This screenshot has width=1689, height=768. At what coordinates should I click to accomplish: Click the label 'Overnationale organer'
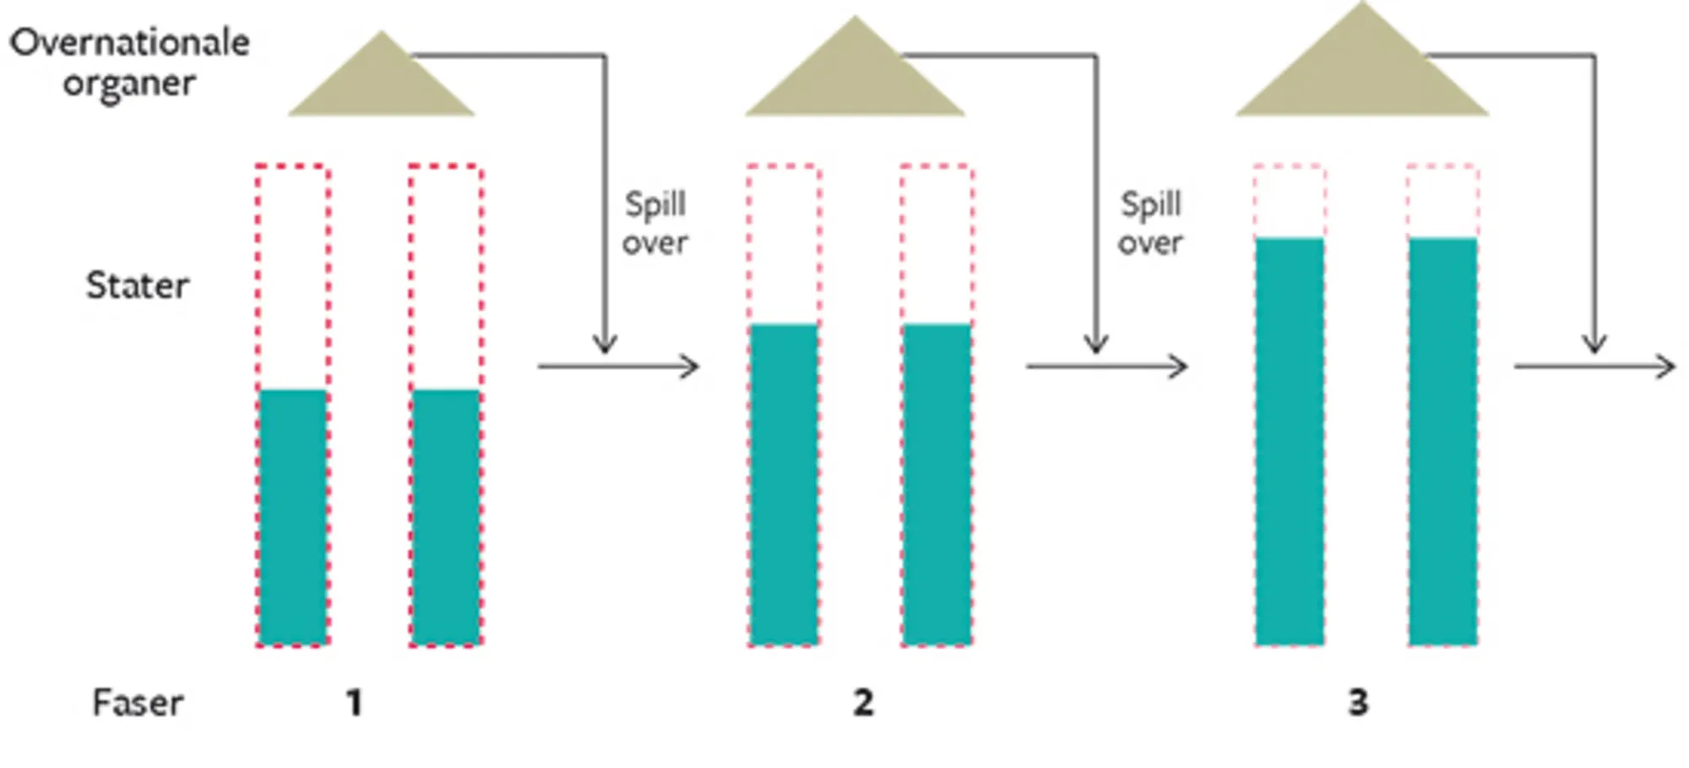click(x=129, y=63)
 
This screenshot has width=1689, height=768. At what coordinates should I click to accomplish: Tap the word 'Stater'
click(x=137, y=286)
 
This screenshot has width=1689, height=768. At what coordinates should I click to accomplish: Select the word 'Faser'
click(x=137, y=703)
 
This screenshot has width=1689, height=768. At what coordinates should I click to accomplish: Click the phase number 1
click(x=355, y=703)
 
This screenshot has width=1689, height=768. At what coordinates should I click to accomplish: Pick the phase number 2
click(x=862, y=703)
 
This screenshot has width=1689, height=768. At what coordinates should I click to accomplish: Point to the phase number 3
click(x=1358, y=703)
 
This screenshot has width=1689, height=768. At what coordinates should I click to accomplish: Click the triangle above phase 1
click(x=381, y=84)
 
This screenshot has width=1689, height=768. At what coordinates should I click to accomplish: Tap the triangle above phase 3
click(x=1361, y=72)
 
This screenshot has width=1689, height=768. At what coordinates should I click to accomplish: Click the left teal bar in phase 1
click(x=293, y=517)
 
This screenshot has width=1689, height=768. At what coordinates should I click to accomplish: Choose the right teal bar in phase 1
click(x=446, y=517)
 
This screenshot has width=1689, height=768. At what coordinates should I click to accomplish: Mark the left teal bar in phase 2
click(x=784, y=485)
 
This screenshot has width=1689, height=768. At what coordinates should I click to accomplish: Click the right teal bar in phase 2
click(x=937, y=485)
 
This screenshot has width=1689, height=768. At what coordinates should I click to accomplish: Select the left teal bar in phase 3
click(x=1290, y=442)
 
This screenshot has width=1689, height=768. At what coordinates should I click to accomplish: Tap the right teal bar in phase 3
click(x=1442, y=442)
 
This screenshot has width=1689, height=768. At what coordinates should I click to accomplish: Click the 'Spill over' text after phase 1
click(x=654, y=223)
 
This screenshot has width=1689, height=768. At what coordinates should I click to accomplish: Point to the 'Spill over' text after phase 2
click(x=1150, y=223)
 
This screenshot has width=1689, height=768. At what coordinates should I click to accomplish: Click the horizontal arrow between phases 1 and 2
click(x=618, y=367)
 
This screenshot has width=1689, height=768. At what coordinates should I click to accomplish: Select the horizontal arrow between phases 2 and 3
click(x=1106, y=367)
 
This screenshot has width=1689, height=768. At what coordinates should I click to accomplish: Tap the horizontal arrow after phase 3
click(x=1594, y=367)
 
